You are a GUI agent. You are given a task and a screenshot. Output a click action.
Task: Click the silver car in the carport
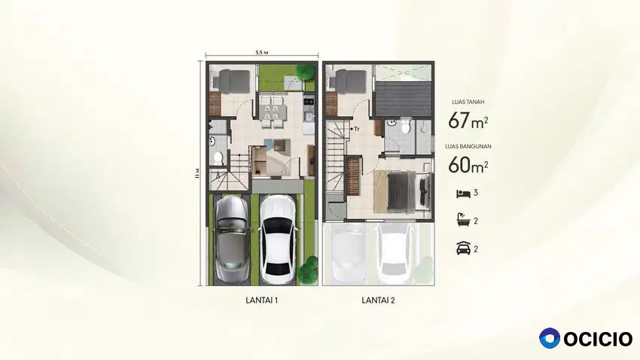coord(232,239)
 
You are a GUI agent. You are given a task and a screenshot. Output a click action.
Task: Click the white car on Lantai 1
coord(279,239)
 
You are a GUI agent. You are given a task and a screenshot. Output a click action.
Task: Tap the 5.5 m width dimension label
coord(261,52)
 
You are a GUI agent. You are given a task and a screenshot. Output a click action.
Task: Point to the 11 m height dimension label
coord(197,173)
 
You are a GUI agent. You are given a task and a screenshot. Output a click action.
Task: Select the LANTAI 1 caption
coord(261,301)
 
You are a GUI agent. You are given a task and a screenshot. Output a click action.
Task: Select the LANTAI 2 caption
coord(379,301)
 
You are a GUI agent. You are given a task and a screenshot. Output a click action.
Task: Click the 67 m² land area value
coord(468,121)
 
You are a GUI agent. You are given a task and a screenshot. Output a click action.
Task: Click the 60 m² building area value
coord(468,165)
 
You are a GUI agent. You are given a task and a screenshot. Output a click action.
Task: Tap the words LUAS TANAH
coord(468,102)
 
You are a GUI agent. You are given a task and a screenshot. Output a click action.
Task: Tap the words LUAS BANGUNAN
coord(468,146)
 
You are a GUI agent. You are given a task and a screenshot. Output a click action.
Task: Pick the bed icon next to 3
coord(463,194)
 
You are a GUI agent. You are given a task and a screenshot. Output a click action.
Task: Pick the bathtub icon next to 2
coord(463,221)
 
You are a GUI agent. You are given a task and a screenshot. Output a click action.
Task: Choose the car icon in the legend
coord(463,249)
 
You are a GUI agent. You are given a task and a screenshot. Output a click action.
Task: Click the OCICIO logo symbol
coord(550,338)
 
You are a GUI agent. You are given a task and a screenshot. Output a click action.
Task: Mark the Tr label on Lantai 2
coord(356,129)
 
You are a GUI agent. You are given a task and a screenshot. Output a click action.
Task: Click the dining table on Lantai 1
coord(273,111)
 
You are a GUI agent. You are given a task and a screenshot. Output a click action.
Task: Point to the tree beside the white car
coord(308,270)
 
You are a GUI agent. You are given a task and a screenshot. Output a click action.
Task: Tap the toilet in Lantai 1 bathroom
coord(218,157)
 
